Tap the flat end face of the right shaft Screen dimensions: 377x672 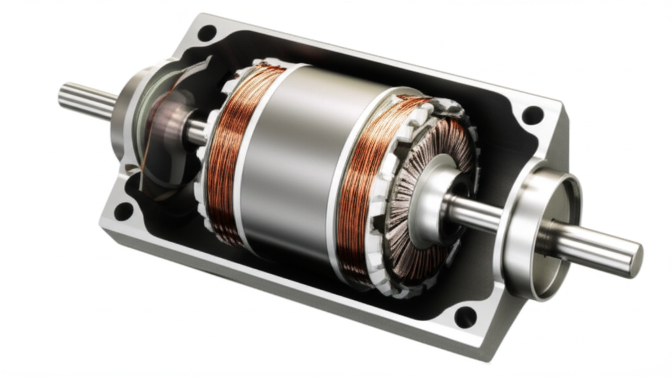click(635, 259)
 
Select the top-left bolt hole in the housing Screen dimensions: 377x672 click(207, 32)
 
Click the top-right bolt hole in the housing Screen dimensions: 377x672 click(532, 115)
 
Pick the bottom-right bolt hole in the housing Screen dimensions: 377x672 click(465, 317)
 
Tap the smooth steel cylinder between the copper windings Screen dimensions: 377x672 click(295, 164)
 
